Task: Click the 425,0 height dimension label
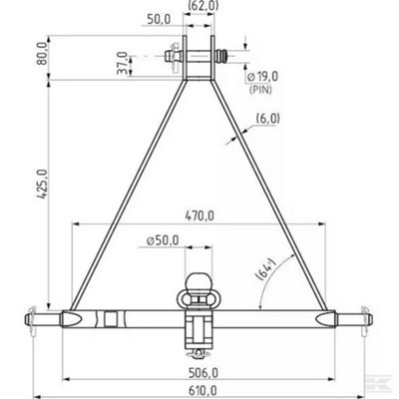pos(42,184)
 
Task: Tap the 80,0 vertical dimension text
pos(42,53)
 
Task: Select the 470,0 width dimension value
pos(199,216)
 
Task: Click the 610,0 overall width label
pos(200,390)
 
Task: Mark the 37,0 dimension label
pos(123,63)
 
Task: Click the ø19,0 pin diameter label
pos(262,77)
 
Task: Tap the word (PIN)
pos(261,89)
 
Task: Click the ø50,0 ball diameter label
pos(163,239)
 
